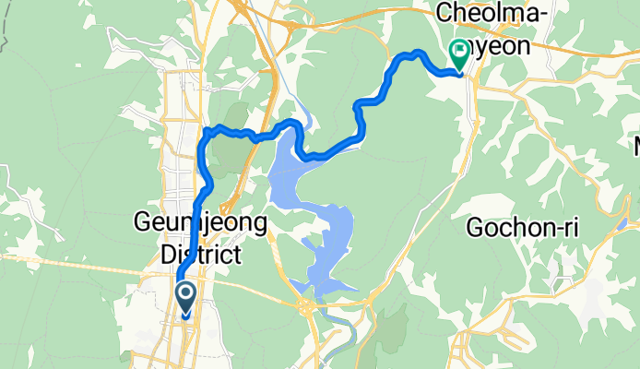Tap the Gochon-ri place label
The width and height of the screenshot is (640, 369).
point(523,227)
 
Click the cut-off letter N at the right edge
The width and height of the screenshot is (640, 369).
point(634,147)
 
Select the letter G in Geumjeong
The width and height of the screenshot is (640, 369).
point(143,223)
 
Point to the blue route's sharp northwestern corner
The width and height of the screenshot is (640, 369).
point(204,132)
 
